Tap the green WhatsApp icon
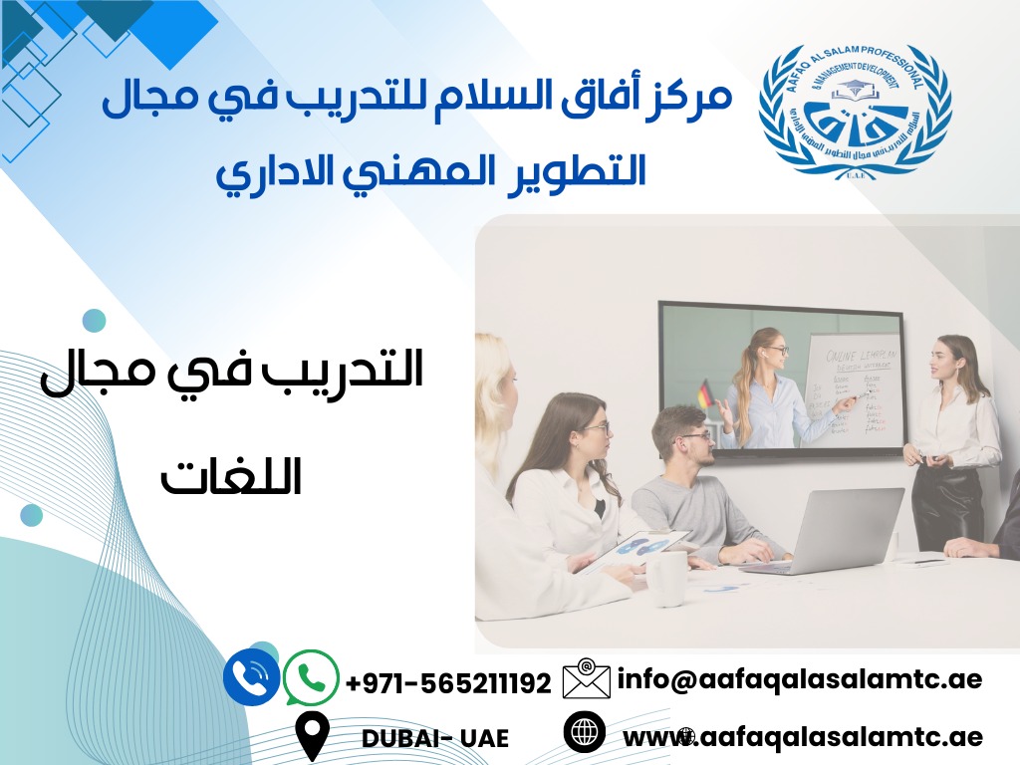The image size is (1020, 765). click(x=311, y=678)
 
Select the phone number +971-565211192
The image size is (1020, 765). click(x=448, y=683)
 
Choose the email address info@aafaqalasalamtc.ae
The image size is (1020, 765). click(x=800, y=679)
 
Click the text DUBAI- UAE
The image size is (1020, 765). click(x=435, y=738)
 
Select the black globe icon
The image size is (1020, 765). click(x=585, y=732)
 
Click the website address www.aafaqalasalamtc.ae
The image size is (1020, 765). click(x=803, y=737)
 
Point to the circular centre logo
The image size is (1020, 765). click(x=855, y=113)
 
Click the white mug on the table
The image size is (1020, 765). click(x=665, y=578)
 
